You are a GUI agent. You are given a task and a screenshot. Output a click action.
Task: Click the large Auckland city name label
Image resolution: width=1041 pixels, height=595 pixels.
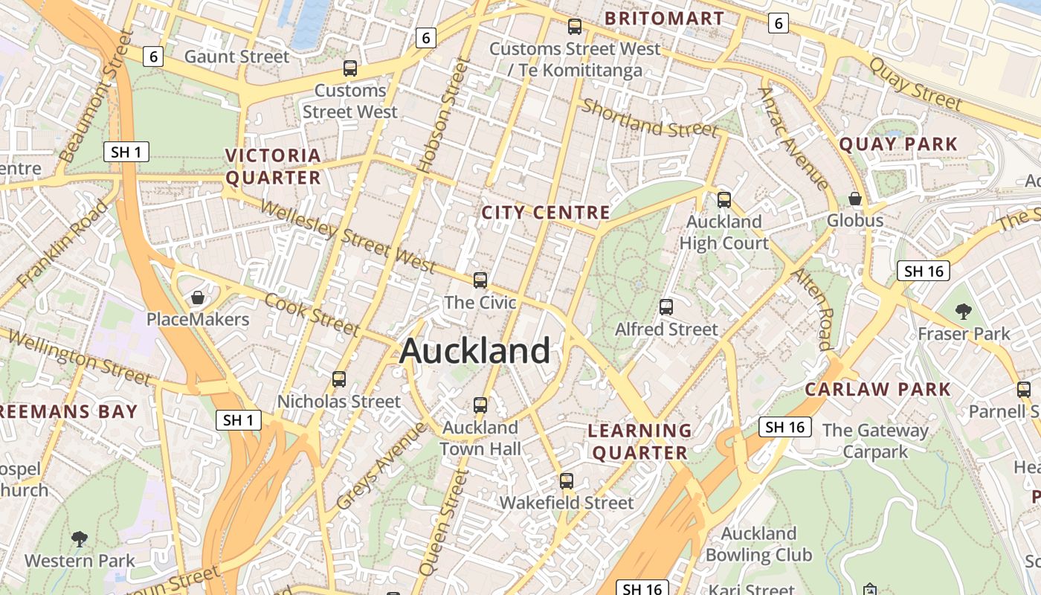(x=474, y=351)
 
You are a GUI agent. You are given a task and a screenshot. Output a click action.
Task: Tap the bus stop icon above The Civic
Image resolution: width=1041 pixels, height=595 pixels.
(x=480, y=280)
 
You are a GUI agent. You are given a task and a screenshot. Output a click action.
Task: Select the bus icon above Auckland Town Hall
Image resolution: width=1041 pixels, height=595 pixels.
(x=480, y=405)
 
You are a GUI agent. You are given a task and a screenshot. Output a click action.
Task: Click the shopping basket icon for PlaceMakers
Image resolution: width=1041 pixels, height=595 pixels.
(x=198, y=297)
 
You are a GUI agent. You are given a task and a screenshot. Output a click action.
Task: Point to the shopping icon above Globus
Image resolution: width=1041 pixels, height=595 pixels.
(x=855, y=199)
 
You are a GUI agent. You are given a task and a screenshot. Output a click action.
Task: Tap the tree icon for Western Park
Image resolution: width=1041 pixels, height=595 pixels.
(x=80, y=538)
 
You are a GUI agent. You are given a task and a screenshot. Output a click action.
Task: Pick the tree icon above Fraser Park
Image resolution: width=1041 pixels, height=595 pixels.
(x=964, y=311)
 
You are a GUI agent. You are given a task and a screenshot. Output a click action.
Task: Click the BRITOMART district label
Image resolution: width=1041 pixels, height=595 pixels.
(x=664, y=18)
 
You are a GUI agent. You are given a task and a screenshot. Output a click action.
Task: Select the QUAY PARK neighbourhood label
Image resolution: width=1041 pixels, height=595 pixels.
(x=898, y=144)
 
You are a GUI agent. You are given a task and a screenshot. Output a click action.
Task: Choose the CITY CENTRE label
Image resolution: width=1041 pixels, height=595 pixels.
(x=546, y=213)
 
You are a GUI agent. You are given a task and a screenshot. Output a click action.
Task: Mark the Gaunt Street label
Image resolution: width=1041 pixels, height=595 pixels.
(x=236, y=57)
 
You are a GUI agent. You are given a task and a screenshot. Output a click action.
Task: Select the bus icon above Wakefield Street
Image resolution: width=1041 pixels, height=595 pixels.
(x=567, y=480)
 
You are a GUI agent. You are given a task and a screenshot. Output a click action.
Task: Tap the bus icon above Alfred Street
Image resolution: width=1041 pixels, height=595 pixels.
(x=666, y=306)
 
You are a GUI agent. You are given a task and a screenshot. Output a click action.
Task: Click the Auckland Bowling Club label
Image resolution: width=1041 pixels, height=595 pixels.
(x=758, y=544)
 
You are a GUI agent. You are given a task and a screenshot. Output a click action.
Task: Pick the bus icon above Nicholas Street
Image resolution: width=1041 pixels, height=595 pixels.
(x=339, y=379)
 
